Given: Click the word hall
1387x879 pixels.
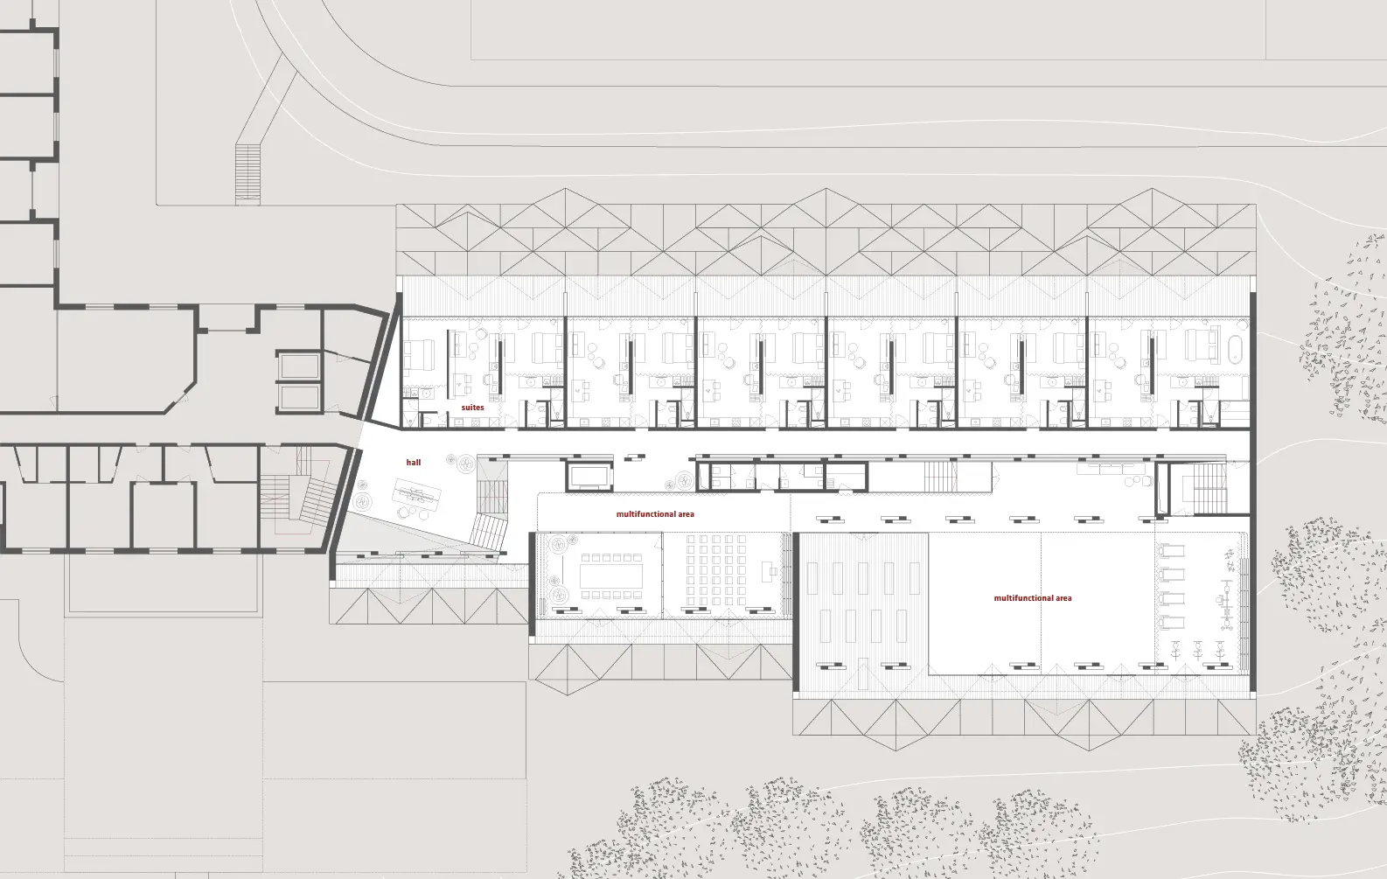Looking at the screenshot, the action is pyautogui.click(x=413, y=462).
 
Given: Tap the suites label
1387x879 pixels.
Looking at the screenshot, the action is pyautogui.click(x=472, y=408).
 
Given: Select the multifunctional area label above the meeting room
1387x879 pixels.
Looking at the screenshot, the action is pyautogui.click(x=655, y=514).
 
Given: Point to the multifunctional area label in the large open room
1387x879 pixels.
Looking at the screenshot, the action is pyautogui.click(x=1032, y=598).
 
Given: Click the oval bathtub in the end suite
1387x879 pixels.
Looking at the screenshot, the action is pyautogui.click(x=1233, y=348).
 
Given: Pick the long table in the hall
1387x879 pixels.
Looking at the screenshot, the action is pyautogui.click(x=417, y=493).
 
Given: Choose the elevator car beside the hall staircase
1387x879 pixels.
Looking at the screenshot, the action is pyautogui.click(x=590, y=477).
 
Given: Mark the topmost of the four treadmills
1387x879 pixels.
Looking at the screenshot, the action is pyautogui.click(x=1170, y=551).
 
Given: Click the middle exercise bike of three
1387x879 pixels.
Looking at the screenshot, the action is pyautogui.click(x=1198, y=651).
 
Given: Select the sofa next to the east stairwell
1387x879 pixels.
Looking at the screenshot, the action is pyautogui.click(x=1114, y=468).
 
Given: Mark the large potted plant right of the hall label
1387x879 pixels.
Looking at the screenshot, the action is pyautogui.click(x=465, y=462).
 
